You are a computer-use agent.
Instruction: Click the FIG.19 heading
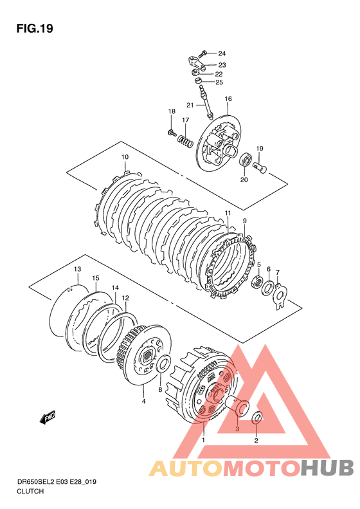[x=35, y=29]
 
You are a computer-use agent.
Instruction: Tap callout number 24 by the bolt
[x=222, y=53]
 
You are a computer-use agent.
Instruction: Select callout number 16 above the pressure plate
[x=228, y=98]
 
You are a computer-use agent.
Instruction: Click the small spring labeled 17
[x=185, y=140]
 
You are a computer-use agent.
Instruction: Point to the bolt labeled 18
[x=172, y=132]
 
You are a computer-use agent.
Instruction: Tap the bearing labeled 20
[x=246, y=160]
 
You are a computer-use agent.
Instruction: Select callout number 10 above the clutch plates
[x=125, y=157]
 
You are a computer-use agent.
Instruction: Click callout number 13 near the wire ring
[x=77, y=269]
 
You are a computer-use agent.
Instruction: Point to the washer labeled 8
[x=164, y=365]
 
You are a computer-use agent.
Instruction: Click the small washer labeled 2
[x=256, y=418]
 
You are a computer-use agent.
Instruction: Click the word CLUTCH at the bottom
[x=30, y=491]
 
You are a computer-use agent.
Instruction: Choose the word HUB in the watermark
[x=327, y=468]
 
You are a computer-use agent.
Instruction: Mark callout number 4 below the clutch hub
[x=143, y=402]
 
